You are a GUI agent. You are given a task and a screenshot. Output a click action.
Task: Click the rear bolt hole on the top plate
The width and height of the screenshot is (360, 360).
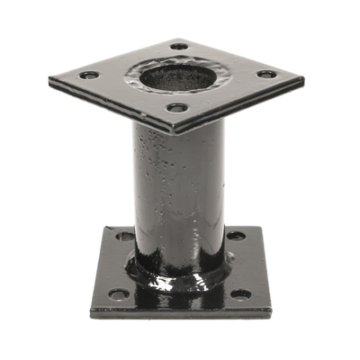click(x=180, y=45)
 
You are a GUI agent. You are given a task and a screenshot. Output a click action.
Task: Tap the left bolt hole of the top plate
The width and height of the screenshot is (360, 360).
click(x=88, y=75)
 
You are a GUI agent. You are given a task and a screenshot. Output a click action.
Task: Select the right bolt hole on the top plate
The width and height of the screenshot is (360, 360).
click(x=266, y=74)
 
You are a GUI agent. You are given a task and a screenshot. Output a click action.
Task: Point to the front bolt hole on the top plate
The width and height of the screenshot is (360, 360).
click(x=178, y=108)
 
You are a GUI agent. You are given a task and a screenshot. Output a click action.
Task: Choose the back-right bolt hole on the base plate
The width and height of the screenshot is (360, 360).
click(x=235, y=236)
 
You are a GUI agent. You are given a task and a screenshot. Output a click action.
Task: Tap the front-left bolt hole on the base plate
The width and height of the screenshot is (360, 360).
click(x=118, y=293)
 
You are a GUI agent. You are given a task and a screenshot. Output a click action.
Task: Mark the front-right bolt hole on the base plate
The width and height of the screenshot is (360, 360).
click(x=241, y=293)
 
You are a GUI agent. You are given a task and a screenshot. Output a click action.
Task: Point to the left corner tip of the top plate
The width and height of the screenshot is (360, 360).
click(x=49, y=82)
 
